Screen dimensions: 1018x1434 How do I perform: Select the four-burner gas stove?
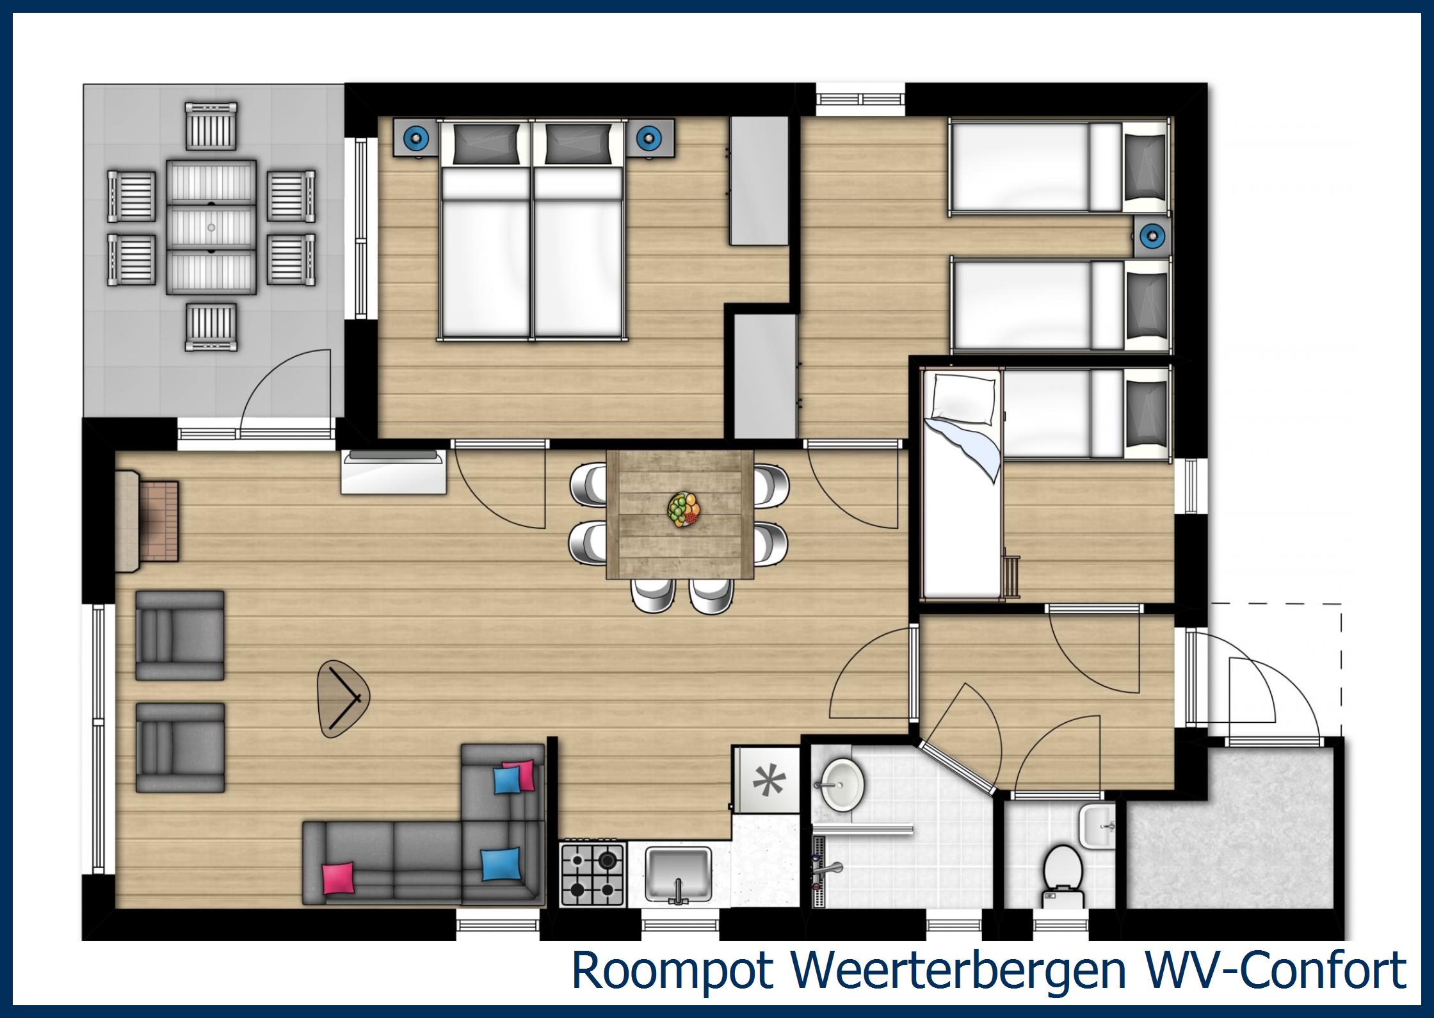[x=592, y=874]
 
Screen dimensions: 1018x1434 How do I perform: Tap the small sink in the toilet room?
[x=1097, y=825]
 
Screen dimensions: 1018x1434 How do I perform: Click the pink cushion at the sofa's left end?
[x=338, y=877]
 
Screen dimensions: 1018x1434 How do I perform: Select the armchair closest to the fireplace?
[x=180, y=635]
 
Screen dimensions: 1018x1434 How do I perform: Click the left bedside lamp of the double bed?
[x=417, y=136]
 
